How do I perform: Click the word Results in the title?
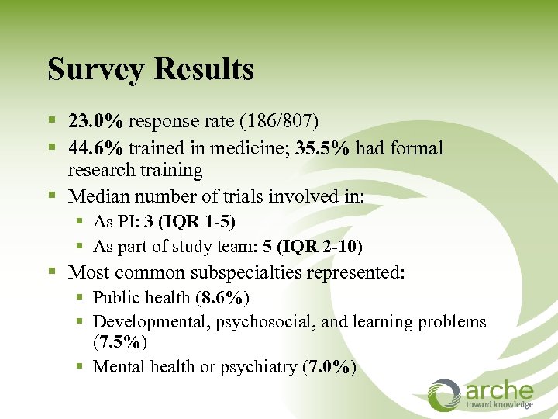(x=205, y=70)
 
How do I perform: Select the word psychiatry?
(x=256, y=366)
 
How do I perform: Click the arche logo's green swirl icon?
(x=444, y=393)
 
